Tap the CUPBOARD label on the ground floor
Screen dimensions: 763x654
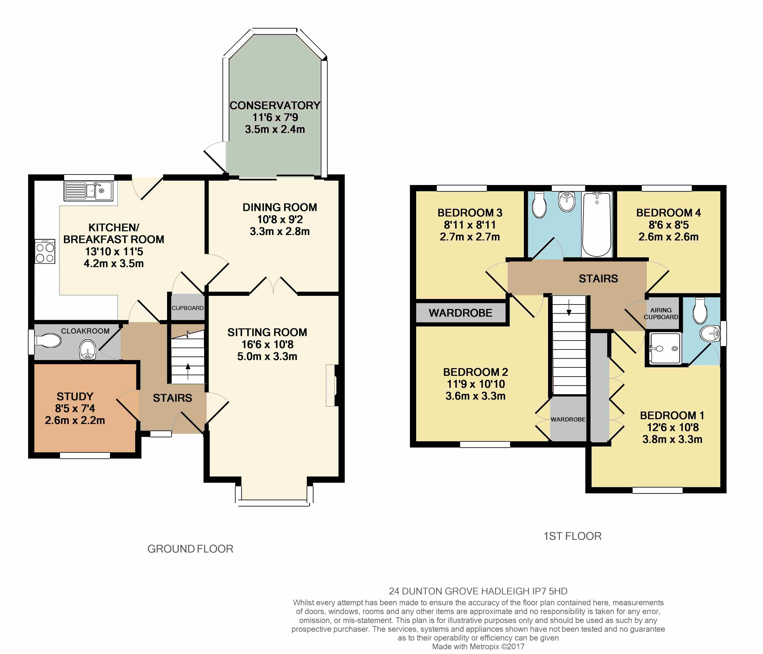click(x=187, y=308)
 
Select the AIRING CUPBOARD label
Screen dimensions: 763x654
click(x=661, y=313)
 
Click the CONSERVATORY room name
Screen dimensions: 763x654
click(x=275, y=105)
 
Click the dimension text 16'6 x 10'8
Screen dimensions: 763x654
click(x=267, y=344)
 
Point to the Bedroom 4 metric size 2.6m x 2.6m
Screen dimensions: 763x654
click(x=668, y=236)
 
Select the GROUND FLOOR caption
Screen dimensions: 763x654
click(x=190, y=549)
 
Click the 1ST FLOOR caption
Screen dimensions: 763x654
click(x=573, y=536)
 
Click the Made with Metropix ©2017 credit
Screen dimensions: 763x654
click(x=478, y=646)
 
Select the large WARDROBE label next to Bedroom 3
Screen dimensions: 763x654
click(x=460, y=313)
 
